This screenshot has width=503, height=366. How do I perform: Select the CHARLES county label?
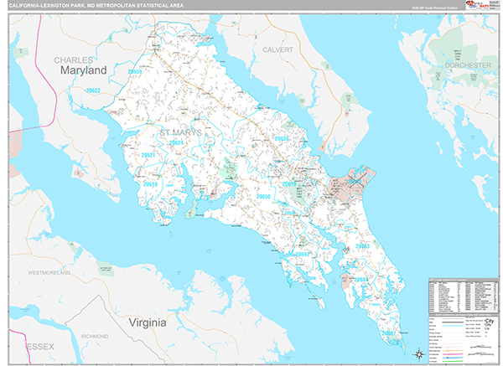tap(74, 60)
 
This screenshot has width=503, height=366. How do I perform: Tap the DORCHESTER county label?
tap(468, 65)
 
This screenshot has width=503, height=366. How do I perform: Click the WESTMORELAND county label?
tap(54, 273)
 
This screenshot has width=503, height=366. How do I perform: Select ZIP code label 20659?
tap(134, 72)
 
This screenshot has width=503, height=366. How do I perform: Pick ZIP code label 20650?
tap(263, 197)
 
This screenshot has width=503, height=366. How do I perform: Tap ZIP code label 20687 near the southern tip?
tap(389, 333)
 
